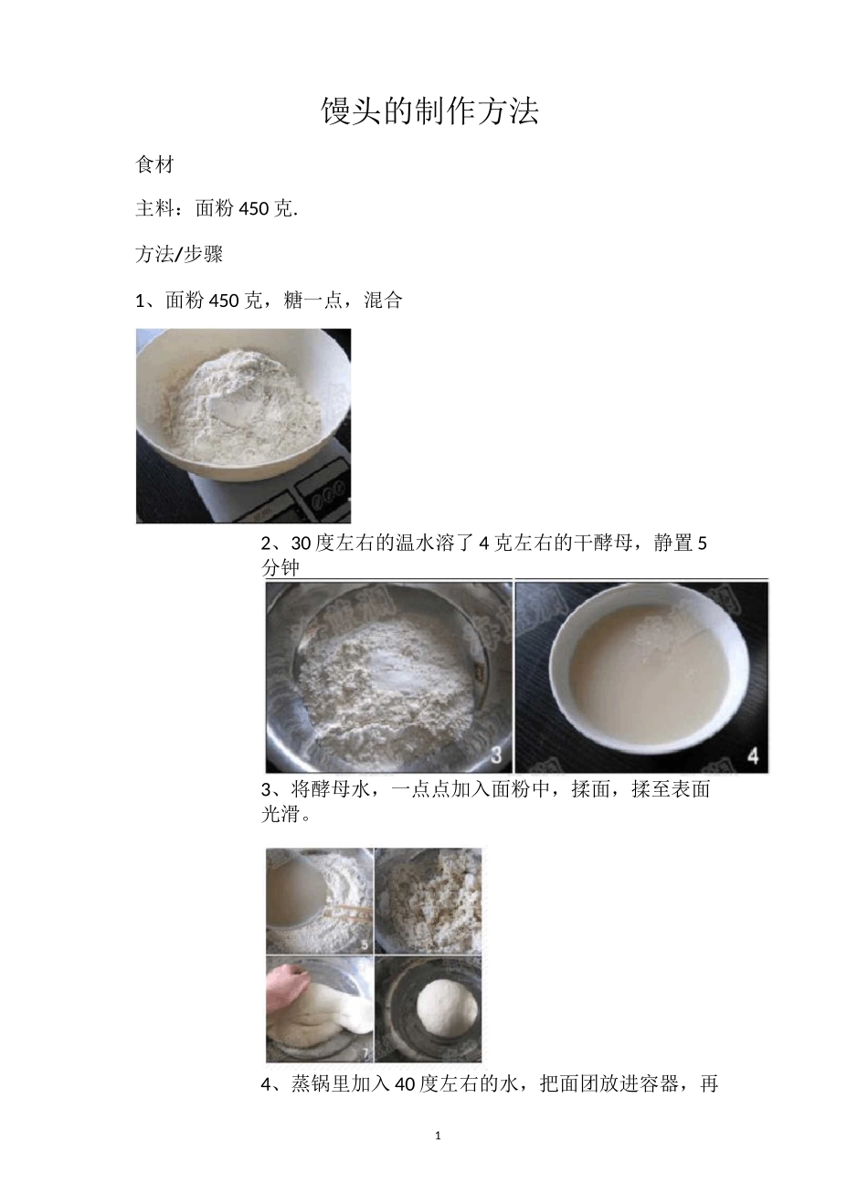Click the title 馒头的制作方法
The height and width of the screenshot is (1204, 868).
tap(429, 111)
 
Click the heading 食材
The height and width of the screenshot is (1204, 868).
tap(154, 165)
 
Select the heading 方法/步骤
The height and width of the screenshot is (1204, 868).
tap(179, 255)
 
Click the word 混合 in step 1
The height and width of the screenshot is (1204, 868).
tap(383, 301)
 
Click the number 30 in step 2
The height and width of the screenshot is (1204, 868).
tap(301, 544)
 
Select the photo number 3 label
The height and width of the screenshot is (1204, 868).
tap(496, 755)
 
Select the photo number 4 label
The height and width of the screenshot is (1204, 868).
tap(754, 755)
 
